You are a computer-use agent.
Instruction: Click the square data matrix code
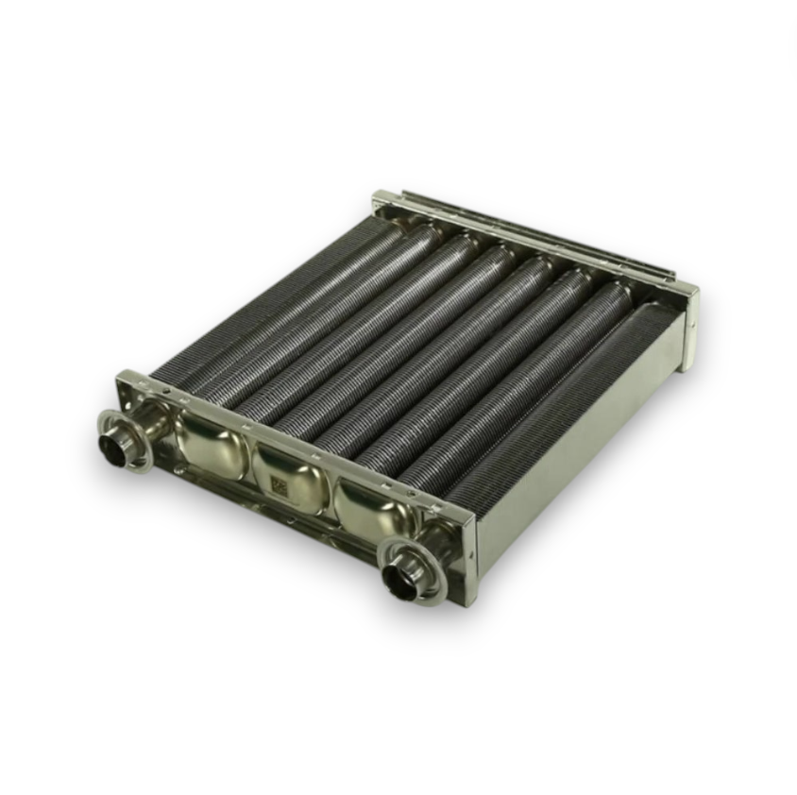[279, 483]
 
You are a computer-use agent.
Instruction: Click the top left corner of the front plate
[122, 377]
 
